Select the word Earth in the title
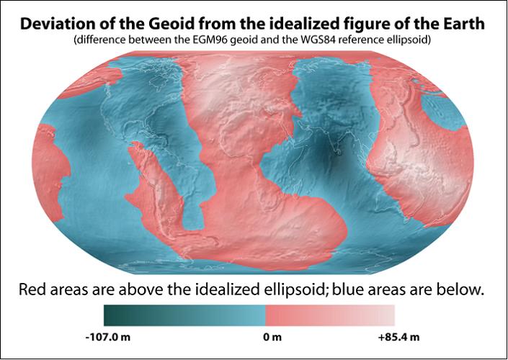463,24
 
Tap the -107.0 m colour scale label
108,337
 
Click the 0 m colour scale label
272,337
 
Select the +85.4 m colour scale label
398,337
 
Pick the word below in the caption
459,289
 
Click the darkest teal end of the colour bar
106,315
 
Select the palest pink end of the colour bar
393,315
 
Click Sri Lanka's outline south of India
339,152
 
